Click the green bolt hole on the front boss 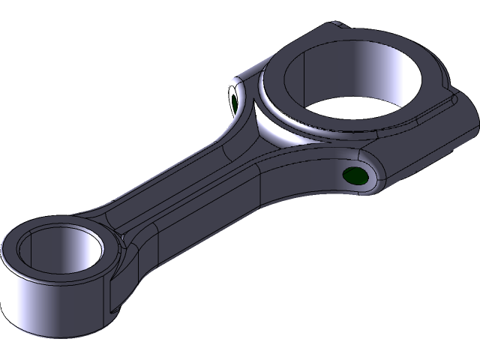click(x=354, y=177)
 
